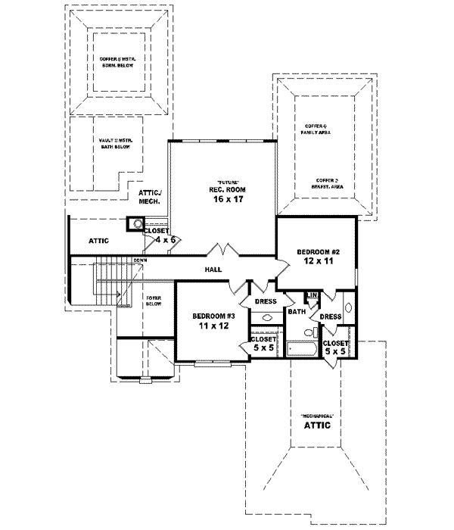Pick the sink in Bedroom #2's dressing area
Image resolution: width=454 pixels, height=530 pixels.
tap(348, 308)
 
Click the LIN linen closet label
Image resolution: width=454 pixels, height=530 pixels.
tap(312, 295)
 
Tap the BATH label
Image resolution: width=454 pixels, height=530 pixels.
tap(296, 311)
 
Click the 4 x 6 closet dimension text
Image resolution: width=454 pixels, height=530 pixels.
tap(165, 239)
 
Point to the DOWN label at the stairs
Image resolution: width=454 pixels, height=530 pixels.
tap(140, 261)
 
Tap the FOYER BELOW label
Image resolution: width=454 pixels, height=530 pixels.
tap(157, 302)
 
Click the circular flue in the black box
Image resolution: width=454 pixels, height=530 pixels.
tap(138, 223)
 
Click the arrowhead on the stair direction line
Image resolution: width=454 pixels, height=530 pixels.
tap(119, 292)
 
